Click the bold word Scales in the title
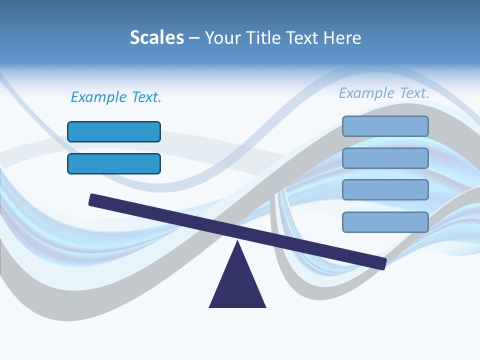coord(156,37)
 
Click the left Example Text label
coord(116,97)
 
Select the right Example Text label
coord(384,93)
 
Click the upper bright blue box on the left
coord(114,131)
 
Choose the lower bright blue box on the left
coord(114,163)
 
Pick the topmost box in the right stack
coord(385,126)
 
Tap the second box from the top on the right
coord(385,158)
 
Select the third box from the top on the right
coord(385,190)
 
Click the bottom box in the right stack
coord(385,222)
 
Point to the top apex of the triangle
coord(237,242)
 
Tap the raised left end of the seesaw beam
coord(93,200)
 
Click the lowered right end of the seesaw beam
coord(381,263)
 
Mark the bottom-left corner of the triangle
coord(210,306)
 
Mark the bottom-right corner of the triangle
coord(265,306)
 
